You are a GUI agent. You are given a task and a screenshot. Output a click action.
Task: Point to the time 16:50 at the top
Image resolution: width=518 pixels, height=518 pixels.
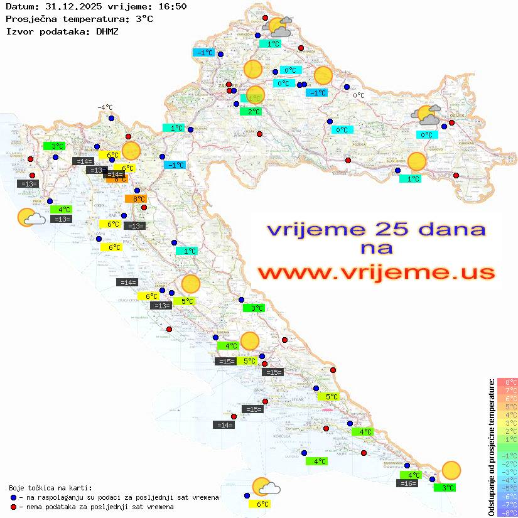[x=172, y=6]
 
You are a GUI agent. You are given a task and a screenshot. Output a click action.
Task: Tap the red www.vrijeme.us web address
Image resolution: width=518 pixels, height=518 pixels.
[x=375, y=272]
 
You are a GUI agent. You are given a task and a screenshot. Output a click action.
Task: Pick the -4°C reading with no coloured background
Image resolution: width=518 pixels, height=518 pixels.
[x=105, y=107]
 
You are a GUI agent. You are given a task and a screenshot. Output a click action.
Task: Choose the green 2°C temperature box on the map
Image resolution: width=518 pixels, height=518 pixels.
[x=251, y=112]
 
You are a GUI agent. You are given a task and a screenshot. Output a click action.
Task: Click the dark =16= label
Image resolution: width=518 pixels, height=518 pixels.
[x=408, y=483]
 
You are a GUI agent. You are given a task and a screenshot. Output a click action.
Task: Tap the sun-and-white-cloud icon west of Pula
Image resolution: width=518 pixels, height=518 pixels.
[x=30, y=218]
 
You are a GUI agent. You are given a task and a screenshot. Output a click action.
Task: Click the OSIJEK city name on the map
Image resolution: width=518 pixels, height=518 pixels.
[x=456, y=116]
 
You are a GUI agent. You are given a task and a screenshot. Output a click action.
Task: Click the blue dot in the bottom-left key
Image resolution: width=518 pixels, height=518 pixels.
[x=13, y=497]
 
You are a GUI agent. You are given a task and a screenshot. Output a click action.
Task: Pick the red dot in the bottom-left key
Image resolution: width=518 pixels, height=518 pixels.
[x=13, y=507]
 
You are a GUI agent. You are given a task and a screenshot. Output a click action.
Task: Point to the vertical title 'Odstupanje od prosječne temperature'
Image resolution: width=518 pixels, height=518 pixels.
[x=491, y=446]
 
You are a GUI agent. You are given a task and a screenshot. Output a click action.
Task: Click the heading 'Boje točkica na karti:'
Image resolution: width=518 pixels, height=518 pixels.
[x=50, y=487]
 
